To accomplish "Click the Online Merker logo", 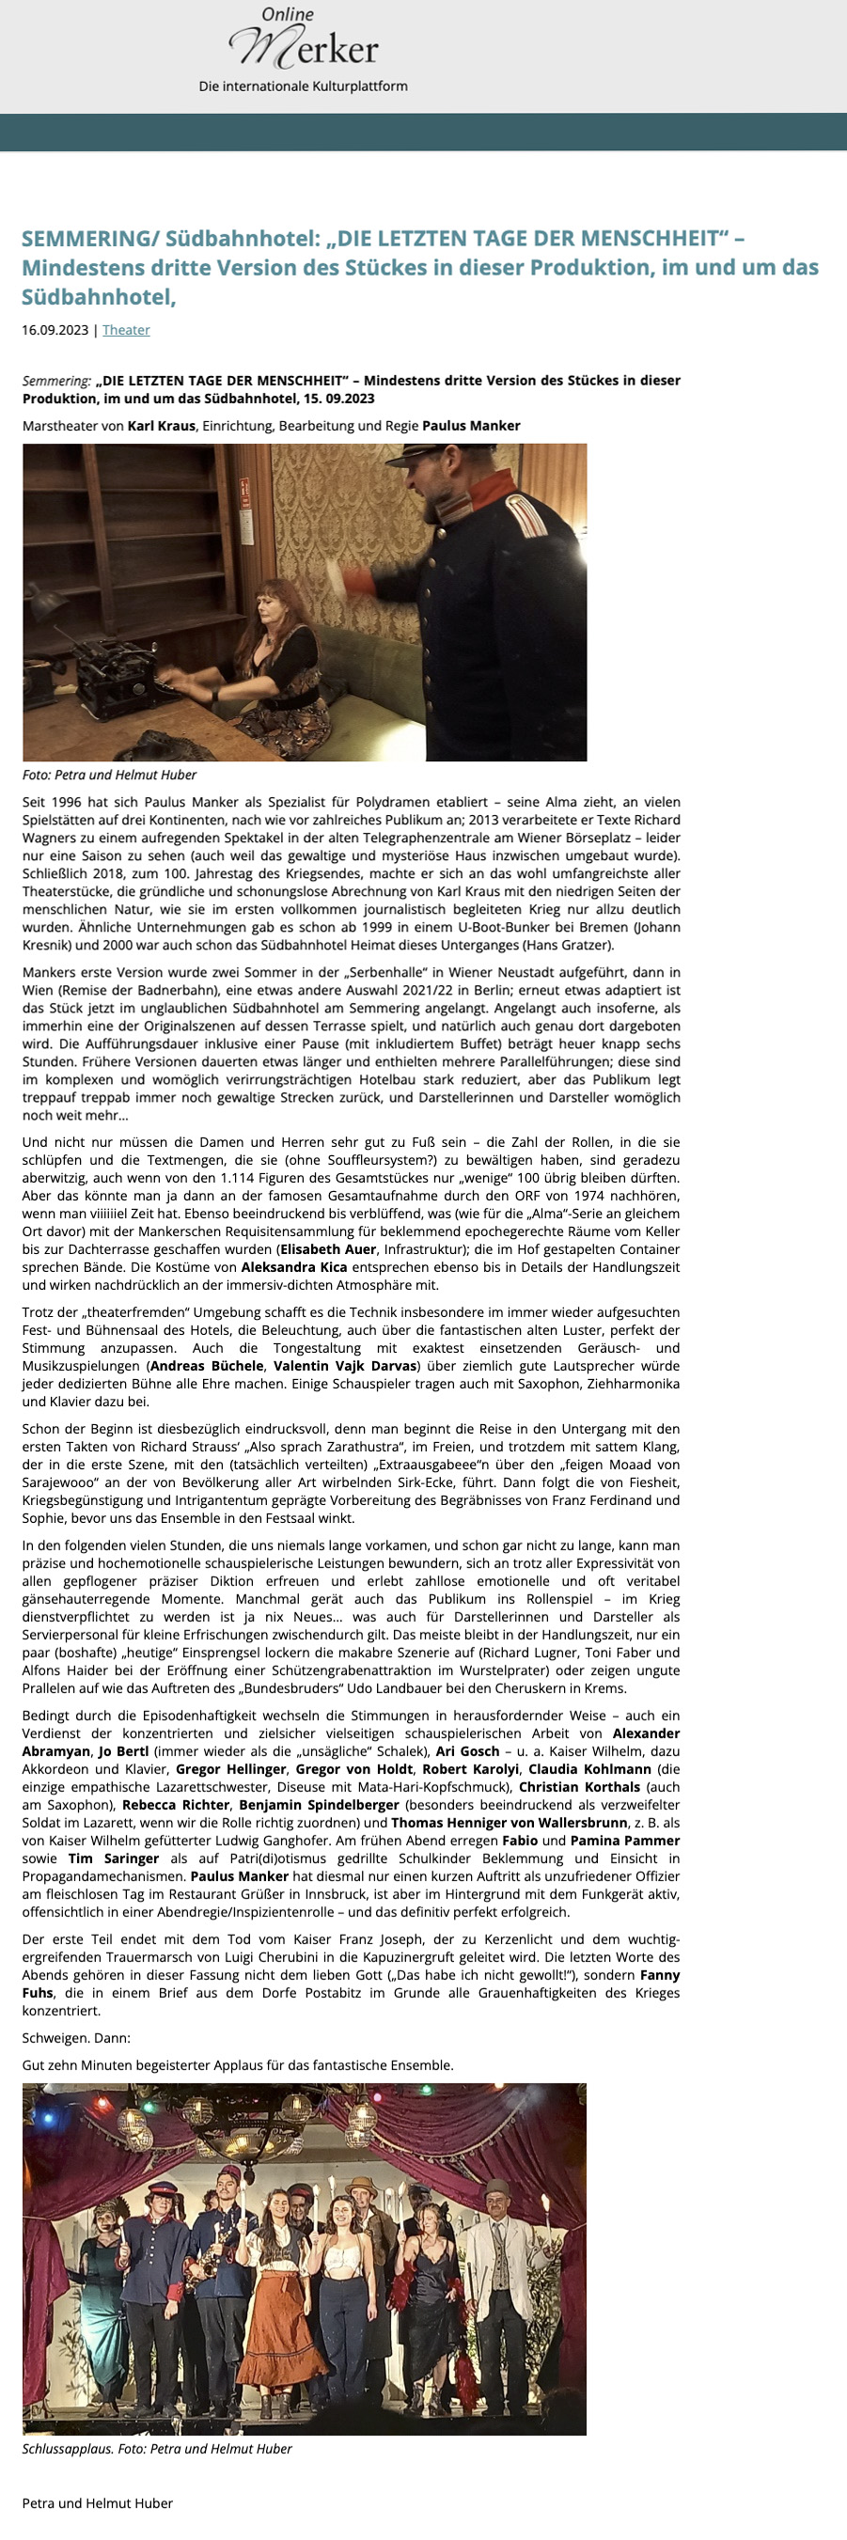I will (x=303, y=40).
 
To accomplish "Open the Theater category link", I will (x=126, y=330).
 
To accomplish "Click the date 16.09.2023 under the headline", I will (x=55, y=330).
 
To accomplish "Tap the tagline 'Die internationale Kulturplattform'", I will (x=303, y=86).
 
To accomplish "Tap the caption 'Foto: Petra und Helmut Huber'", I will (x=109, y=775).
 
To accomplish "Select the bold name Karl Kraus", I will (x=162, y=426).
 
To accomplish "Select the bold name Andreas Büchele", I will (x=206, y=1366).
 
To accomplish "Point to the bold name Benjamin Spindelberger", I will (x=320, y=1805).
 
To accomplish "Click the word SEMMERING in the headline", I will (x=87, y=239).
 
